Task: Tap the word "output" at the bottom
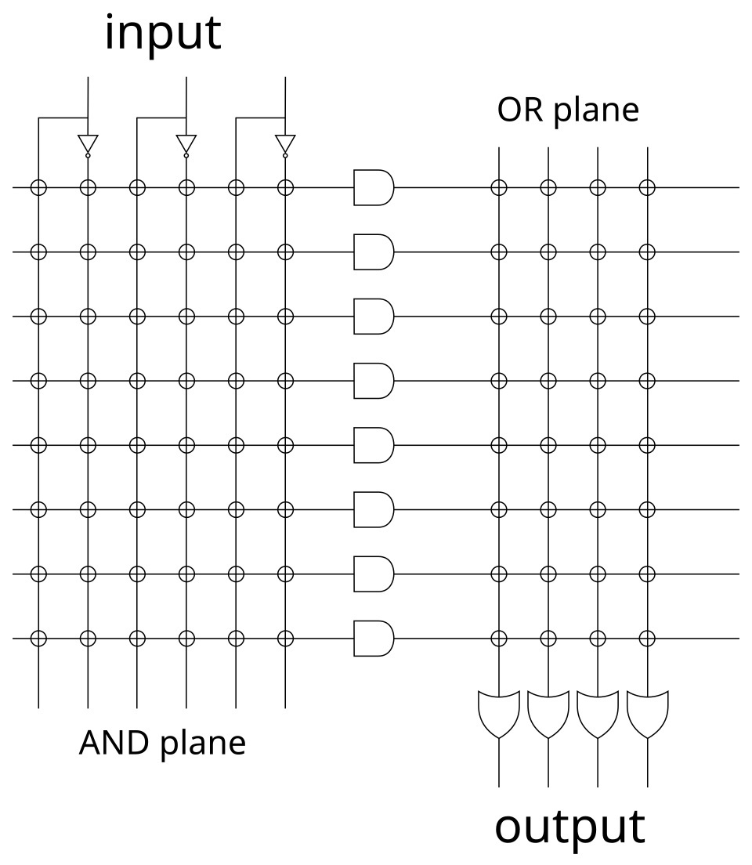click(569, 827)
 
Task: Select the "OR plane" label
click(568, 110)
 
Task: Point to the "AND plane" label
click(162, 742)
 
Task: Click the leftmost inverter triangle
click(88, 144)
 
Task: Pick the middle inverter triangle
click(186, 144)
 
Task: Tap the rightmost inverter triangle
click(285, 144)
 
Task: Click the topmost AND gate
click(373, 188)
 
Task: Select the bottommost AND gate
click(373, 639)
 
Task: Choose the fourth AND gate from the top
click(373, 381)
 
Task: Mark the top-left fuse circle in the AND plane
click(38, 188)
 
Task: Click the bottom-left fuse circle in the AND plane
click(38, 639)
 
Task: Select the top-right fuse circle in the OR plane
click(647, 188)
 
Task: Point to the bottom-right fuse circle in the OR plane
click(647, 639)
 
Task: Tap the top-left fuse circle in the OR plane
click(498, 188)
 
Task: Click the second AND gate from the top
click(373, 252)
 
